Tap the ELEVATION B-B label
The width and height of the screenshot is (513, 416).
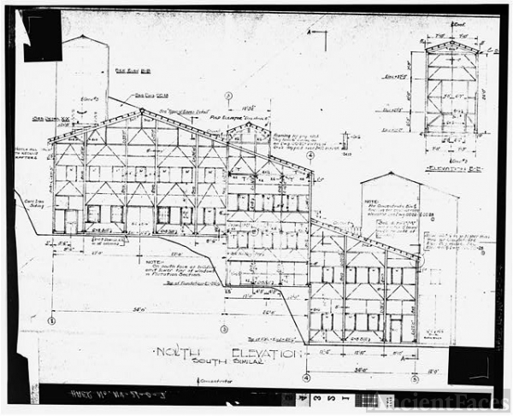tap(453, 169)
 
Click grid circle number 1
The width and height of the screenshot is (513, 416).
tap(51, 321)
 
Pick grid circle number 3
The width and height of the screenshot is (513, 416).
tap(224, 329)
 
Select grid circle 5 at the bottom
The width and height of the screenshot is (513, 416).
tap(414, 378)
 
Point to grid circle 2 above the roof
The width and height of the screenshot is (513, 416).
tap(228, 96)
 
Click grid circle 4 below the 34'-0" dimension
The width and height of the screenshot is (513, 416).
tap(306, 378)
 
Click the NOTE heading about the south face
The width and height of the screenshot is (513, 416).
tap(153, 262)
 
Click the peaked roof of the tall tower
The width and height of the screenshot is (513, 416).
tap(82, 37)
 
